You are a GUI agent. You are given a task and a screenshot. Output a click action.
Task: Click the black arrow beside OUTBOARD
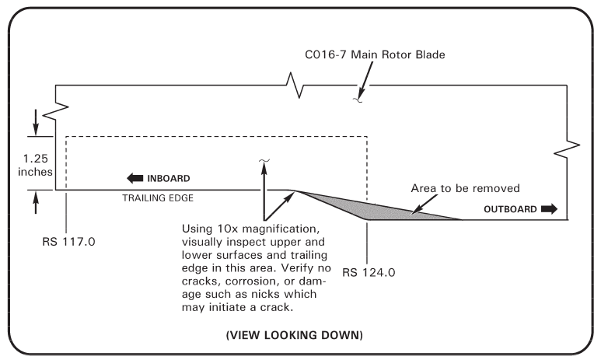(x=549, y=209)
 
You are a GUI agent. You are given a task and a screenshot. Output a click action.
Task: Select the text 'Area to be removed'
(x=465, y=188)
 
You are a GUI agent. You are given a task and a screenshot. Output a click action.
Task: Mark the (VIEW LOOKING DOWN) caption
(x=300, y=336)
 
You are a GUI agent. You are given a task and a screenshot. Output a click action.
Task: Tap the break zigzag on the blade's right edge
(x=572, y=146)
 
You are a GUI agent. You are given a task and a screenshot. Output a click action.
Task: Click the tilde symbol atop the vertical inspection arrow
(x=264, y=161)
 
